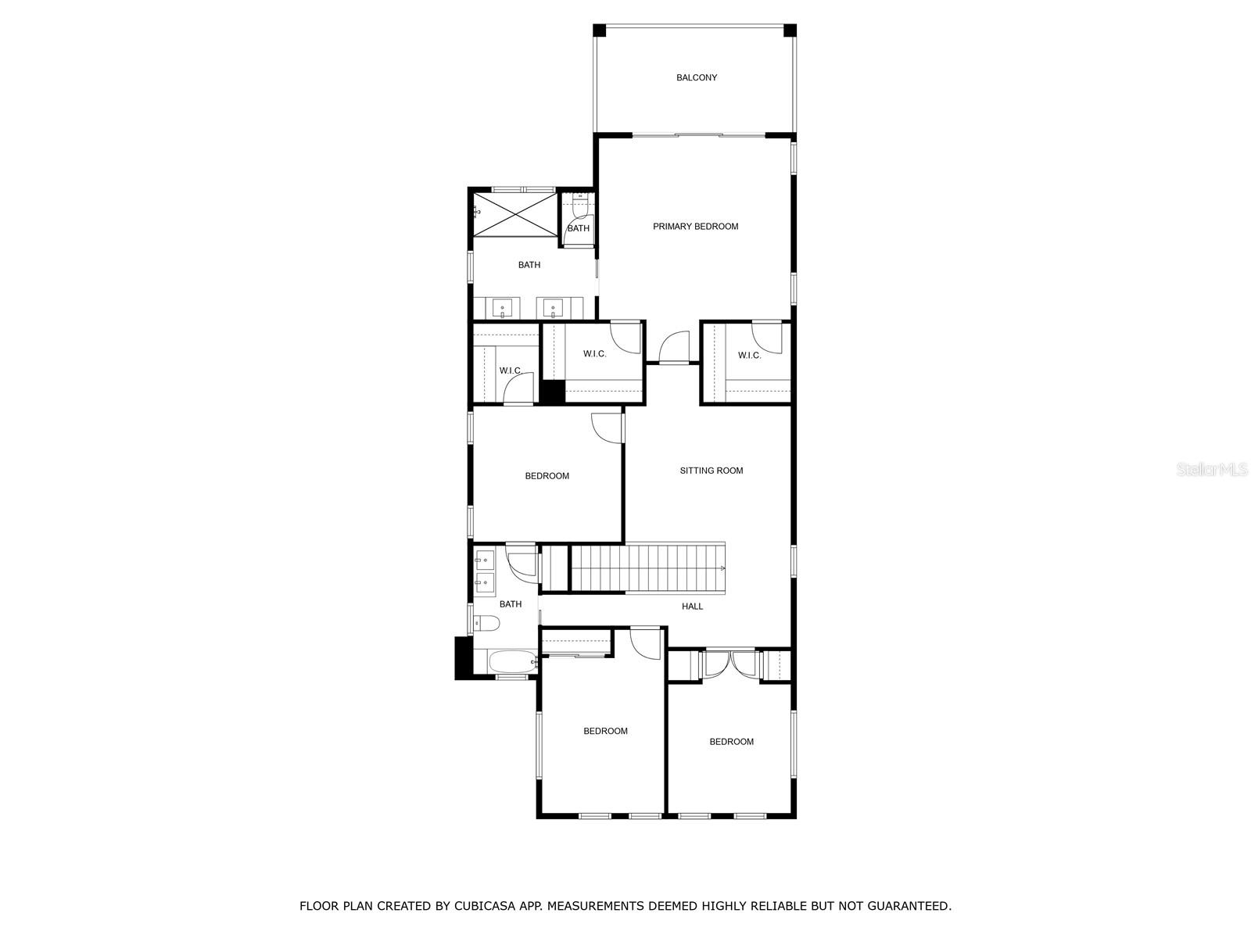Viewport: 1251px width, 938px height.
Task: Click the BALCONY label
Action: [x=697, y=77]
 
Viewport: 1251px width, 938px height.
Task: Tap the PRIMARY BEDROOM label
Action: [x=695, y=227]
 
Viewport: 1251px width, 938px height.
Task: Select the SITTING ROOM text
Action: [x=711, y=471]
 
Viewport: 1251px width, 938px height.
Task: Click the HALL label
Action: [x=692, y=607]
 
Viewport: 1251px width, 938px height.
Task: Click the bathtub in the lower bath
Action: [x=512, y=662]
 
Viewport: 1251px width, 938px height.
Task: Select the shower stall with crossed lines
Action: [x=515, y=213]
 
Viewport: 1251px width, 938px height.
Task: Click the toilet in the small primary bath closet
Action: [x=579, y=206]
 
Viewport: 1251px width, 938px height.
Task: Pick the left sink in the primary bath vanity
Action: [x=502, y=308]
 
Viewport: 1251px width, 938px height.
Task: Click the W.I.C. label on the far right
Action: [x=749, y=356]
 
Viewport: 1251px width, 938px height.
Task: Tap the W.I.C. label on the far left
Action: [x=511, y=371]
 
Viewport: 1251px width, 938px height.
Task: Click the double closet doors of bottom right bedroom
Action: [x=730, y=664]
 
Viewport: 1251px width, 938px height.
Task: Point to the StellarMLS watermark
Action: [x=1212, y=470]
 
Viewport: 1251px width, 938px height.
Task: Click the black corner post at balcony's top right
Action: [x=790, y=30]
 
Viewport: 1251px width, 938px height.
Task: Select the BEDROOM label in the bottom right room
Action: [x=731, y=742]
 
